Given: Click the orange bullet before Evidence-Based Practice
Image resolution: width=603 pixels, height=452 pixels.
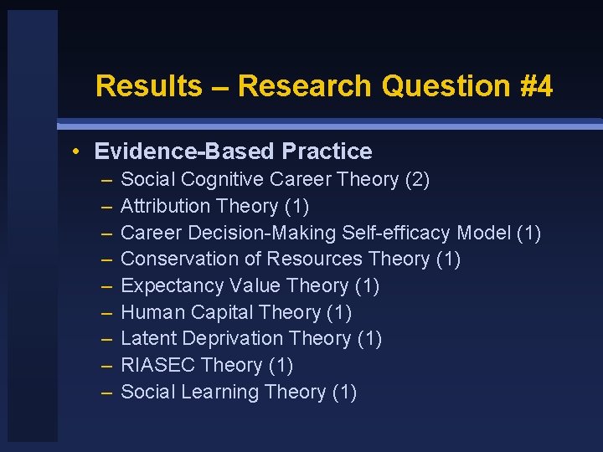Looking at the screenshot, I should tap(76, 152).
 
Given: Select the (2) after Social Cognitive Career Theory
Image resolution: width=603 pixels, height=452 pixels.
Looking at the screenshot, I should tap(415, 179).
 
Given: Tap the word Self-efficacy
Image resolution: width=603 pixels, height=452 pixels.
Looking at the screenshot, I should tap(402, 233).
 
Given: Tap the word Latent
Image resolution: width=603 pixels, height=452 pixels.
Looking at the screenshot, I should tap(150, 338).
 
